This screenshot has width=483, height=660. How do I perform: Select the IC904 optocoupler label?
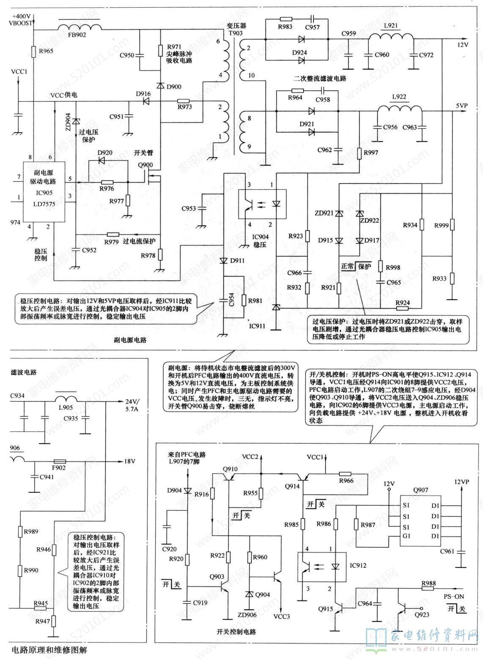tap(261, 237)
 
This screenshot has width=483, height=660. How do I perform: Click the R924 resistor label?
tap(402, 303)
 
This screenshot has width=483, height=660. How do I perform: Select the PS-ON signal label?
tap(454, 597)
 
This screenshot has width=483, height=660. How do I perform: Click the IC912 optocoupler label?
tap(358, 565)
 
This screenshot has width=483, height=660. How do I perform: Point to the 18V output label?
tap(129, 461)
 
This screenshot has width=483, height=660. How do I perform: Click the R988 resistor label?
tap(428, 584)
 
